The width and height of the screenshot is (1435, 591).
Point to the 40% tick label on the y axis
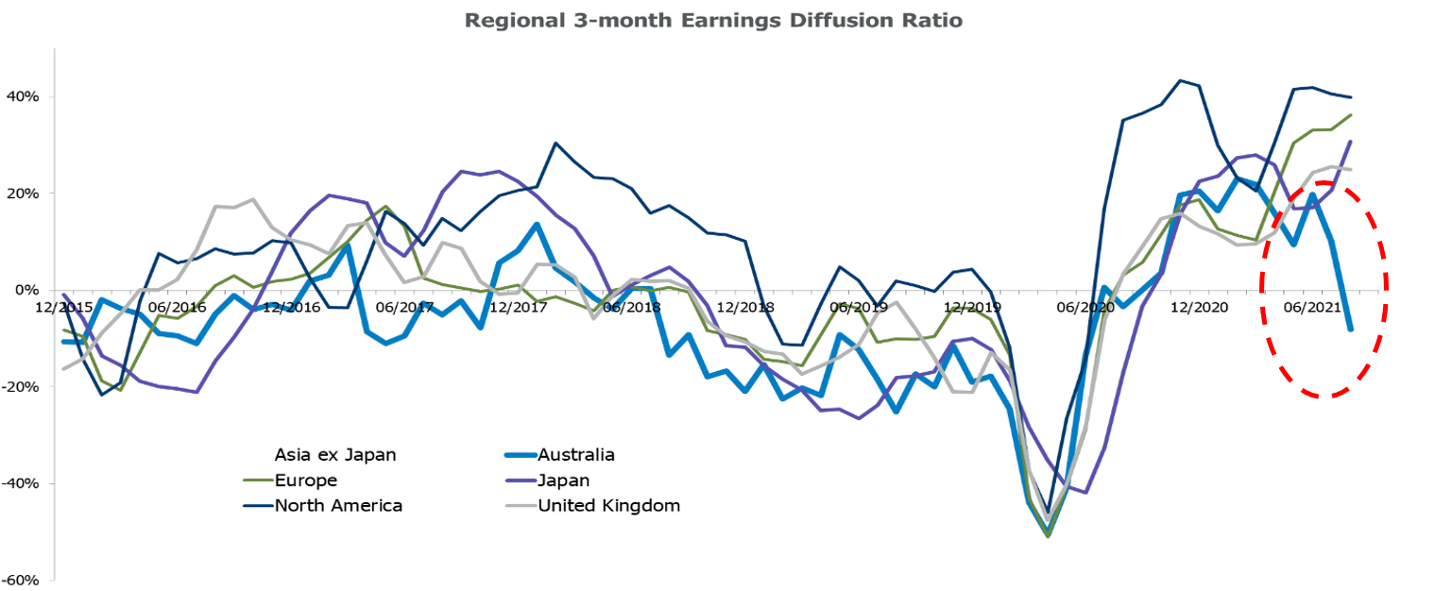tap(21, 97)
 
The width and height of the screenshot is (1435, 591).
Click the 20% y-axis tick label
tap(21, 194)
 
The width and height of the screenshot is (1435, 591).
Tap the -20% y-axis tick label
tap(19, 387)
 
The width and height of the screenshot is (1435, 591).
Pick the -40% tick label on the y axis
tap(19, 483)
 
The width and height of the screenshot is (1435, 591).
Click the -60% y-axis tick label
tap(19, 580)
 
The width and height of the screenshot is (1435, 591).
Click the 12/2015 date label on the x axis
tap(65, 307)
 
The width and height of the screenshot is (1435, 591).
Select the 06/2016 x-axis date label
tap(178, 307)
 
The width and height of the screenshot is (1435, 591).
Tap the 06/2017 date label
tap(404, 307)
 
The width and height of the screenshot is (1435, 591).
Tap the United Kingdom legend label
tap(608, 506)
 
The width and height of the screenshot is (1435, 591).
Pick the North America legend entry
tap(338, 506)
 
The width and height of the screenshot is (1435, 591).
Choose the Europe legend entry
tap(303, 481)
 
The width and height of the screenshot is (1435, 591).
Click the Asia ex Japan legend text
tap(335, 455)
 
